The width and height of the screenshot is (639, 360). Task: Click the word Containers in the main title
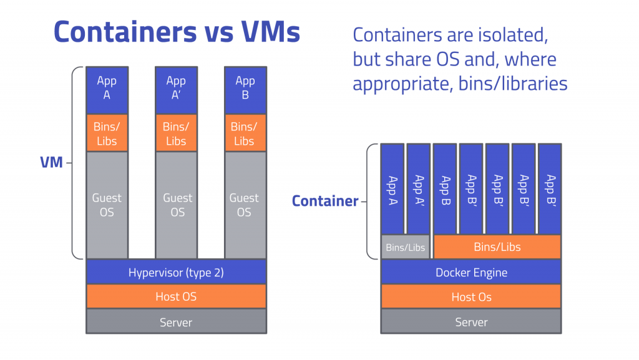125,32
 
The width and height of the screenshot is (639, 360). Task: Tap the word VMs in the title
270,32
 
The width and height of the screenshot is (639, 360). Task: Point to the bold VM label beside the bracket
51,162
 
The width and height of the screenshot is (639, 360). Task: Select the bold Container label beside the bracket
325,201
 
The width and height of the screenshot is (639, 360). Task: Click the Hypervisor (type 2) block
176,272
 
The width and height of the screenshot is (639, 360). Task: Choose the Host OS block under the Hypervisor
176,296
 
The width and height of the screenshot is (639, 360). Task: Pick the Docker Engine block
471,272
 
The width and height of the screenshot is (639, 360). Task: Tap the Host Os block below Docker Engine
471,296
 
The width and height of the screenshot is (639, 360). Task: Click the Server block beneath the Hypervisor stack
176,321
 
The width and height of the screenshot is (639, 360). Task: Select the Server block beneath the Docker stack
471,321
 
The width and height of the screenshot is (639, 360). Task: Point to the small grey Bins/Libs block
406,247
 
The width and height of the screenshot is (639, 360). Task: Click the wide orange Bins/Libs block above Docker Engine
497,247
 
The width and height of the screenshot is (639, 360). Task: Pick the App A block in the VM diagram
107,90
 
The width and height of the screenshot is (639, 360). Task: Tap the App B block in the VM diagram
245,90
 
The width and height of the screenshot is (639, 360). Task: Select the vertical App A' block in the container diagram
419,189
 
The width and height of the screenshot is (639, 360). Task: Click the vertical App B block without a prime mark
444,189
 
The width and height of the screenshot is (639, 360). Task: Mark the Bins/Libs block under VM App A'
177,133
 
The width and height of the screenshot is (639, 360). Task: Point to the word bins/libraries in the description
513,84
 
